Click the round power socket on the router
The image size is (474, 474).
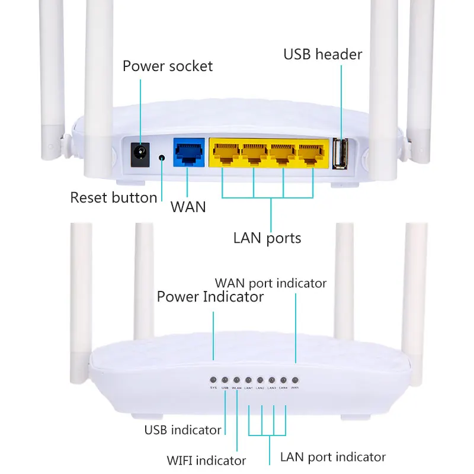[x=140, y=156]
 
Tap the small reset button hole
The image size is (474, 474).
[x=162, y=158]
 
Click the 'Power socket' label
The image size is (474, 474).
[x=167, y=66]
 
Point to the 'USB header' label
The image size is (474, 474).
[x=322, y=55]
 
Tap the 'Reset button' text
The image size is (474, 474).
[x=114, y=197]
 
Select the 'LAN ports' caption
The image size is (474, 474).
[x=267, y=238]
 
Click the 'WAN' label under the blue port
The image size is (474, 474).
[x=188, y=207]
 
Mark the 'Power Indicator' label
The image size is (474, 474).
[x=210, y=296]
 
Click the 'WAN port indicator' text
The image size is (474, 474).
[x=270, y=283]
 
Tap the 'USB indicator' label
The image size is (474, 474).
[x=182, y=430]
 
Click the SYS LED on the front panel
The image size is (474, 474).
[x=213, y=379]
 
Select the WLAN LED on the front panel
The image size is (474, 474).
[x=236, y=379]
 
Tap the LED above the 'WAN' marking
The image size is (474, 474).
[x=294, y=379]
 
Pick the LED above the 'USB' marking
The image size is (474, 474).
[x=225, y=379]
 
